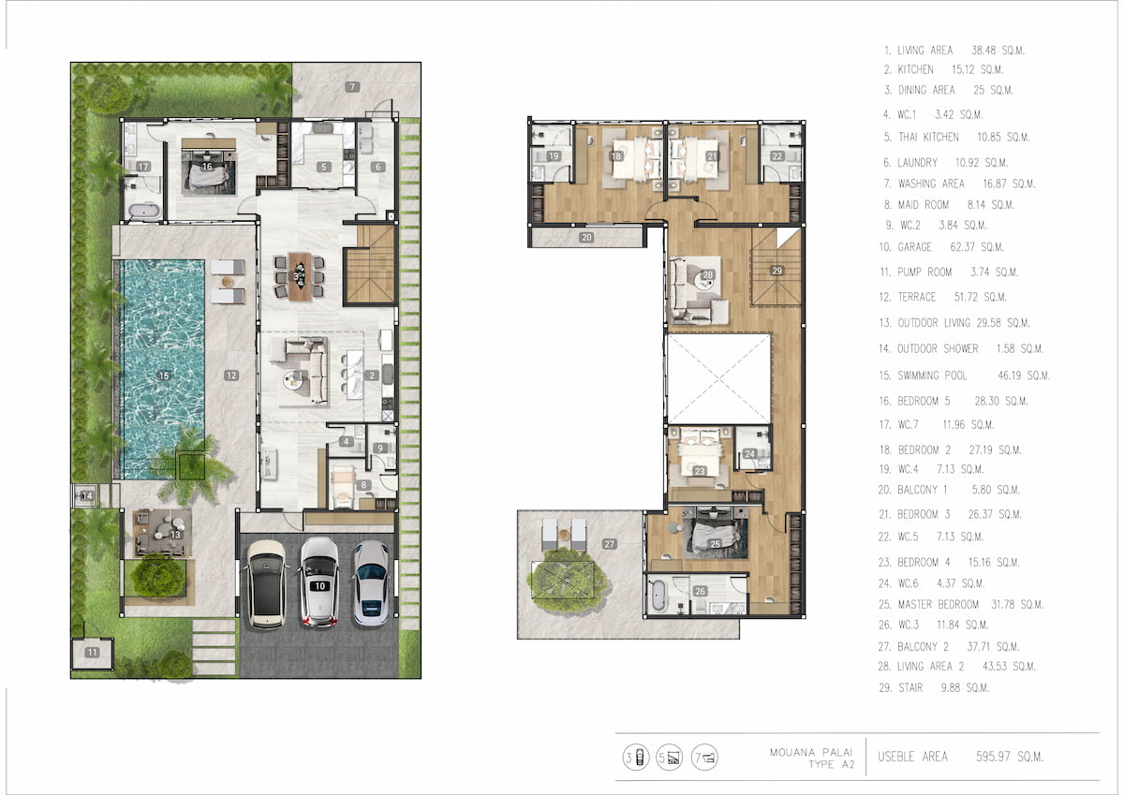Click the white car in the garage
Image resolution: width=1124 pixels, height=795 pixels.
[319, 582]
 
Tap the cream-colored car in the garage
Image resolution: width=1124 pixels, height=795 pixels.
[266, 584]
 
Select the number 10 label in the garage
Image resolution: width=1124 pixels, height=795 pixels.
[320, 586]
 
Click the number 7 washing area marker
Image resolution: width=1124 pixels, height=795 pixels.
[352, 87]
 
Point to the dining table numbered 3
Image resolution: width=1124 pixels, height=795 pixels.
[300, 276]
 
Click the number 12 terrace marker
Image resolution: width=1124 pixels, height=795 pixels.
[231, 375]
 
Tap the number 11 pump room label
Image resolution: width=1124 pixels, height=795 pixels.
[92, 652]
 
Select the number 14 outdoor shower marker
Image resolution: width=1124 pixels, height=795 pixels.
[87, 495]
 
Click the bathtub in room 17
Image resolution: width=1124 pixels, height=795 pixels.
[144, 211]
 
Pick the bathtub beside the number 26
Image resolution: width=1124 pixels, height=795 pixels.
[658, 596]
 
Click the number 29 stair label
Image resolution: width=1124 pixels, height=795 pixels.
[776, 271]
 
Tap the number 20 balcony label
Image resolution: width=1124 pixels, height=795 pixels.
[586, 237]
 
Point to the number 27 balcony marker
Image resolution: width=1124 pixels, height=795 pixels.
[609, 544]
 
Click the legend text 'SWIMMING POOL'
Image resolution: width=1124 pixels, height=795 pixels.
[932, 375]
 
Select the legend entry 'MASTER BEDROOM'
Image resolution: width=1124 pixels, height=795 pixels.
[938, 604]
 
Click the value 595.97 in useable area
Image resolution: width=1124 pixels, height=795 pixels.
[993, 757]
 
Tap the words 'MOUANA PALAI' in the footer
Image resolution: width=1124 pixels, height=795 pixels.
[811, 752]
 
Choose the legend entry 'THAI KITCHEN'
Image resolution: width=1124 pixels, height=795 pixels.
[928, 137]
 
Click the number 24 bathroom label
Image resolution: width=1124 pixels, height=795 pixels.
[749, 454]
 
